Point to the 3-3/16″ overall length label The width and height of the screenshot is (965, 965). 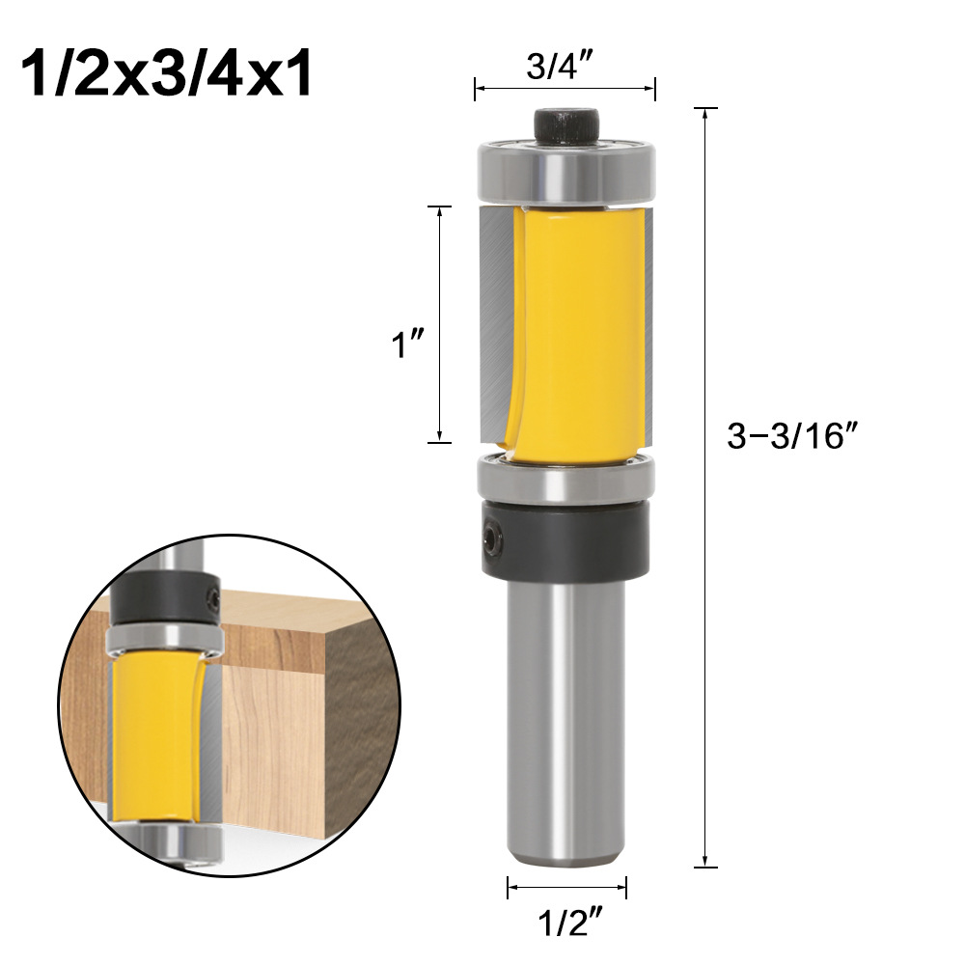[792, 436]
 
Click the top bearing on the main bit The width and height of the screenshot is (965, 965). [566, 172]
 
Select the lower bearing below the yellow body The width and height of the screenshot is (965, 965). [566, 481]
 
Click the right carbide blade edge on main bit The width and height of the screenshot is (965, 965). [648, 318]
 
